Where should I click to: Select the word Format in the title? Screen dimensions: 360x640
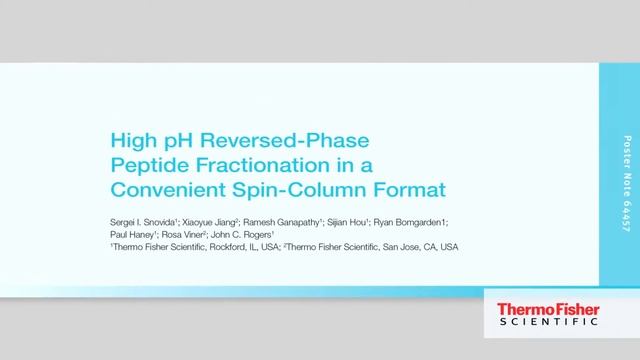[x=373, y=187]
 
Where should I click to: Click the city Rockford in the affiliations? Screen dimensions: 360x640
[x=220, y=245]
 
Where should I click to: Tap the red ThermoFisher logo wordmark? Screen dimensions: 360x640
[x=541, y=309]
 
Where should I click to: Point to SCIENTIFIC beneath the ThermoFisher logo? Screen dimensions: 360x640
[x=541, y=323]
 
